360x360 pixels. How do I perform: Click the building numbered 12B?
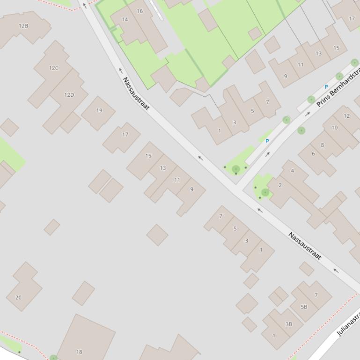[x=23, y=26]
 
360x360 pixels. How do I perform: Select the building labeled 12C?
[x=54, y=68]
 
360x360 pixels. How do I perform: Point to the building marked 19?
[x=99, y=111]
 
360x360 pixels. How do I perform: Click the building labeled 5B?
[x=304, y=307]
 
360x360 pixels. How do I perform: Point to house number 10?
[x=334, y=128]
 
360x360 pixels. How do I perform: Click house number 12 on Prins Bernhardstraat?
[x=346, y=116]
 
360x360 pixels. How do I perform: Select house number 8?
[x=322, y=145]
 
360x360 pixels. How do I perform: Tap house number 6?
[x=313, y=154]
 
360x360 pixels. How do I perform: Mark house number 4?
[x=293, y=171]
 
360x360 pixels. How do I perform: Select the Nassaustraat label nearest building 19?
[x=136, y=94]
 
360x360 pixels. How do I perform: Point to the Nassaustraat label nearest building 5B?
[x=304, y=246]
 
